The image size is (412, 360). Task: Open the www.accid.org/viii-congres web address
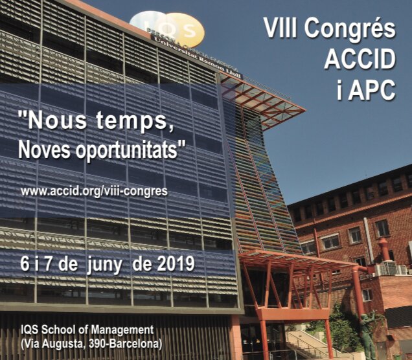pos(94,191)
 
